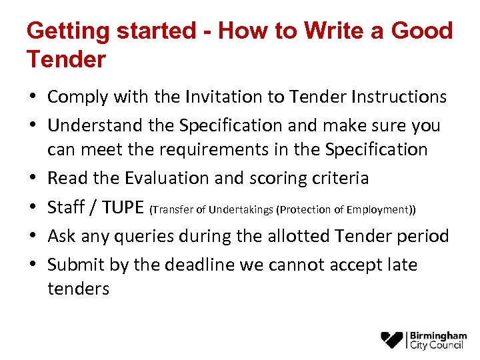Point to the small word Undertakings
[241, 210]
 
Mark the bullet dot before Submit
[33, 265]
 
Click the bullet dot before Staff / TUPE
[33, 208]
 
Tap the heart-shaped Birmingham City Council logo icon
[392, 340]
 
